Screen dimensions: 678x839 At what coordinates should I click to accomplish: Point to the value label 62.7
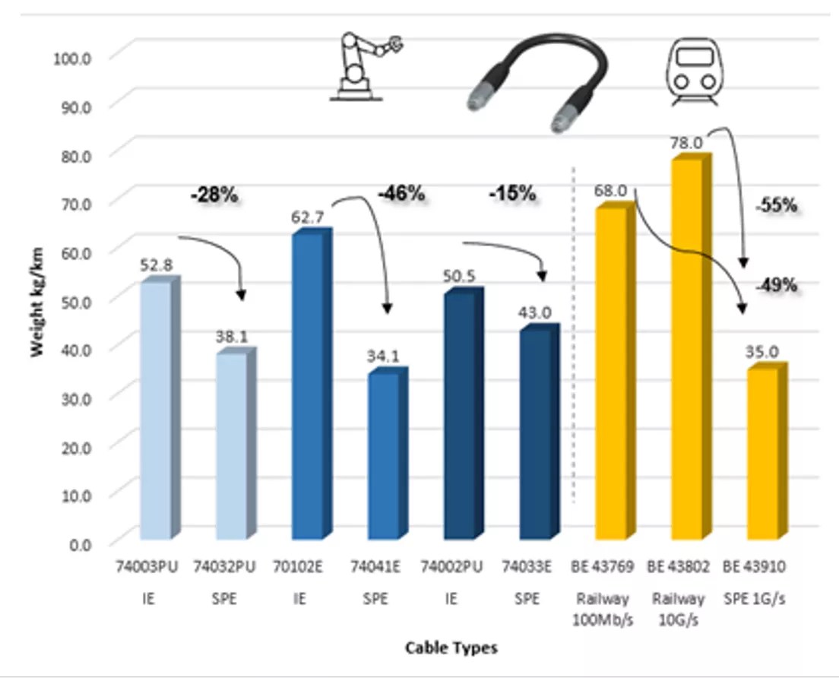[307, 217]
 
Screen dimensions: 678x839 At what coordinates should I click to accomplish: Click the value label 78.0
[685, 142]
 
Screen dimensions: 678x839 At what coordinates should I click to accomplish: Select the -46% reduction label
[401, 194]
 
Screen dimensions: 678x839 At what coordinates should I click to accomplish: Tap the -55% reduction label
[776, 204]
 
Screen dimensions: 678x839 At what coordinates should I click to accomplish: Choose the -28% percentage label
[214, 195]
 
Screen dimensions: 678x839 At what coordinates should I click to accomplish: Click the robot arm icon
[364, 66]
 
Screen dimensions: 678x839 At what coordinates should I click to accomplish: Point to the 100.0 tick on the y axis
[72, 57]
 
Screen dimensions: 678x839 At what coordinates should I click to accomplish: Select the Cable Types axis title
[451, 648]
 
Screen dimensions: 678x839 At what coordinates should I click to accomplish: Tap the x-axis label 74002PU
[451, 567]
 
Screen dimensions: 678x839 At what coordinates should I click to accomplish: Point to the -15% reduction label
[512, 194]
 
